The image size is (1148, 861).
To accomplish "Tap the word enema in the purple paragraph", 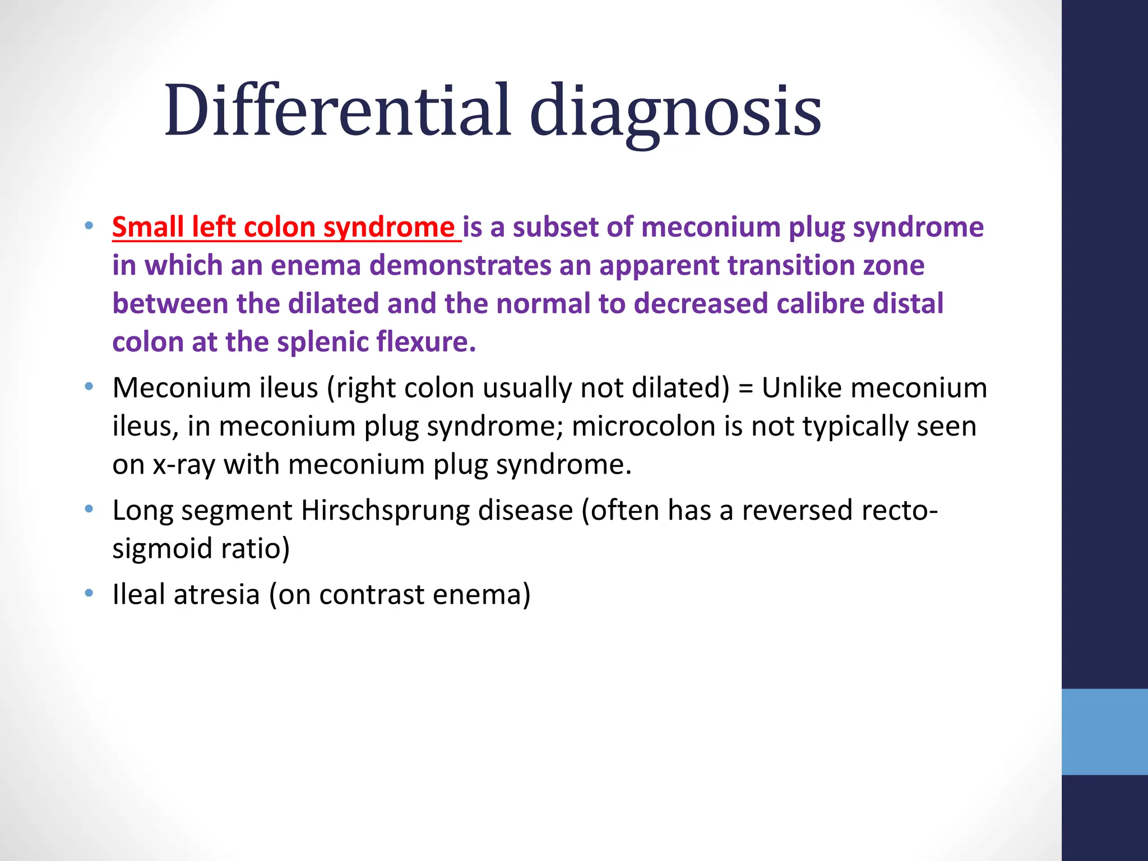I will [315, 266].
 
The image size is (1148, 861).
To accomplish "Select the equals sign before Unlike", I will [745, 388].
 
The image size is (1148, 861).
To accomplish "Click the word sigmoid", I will [163, 549].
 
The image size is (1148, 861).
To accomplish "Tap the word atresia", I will [216, 595].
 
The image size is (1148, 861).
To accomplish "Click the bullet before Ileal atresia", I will [89, 594].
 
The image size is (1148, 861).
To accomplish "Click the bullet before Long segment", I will [89, 510].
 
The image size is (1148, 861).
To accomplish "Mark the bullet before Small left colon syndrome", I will [89, 226].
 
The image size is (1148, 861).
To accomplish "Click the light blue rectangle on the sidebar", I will [1104, 732].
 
